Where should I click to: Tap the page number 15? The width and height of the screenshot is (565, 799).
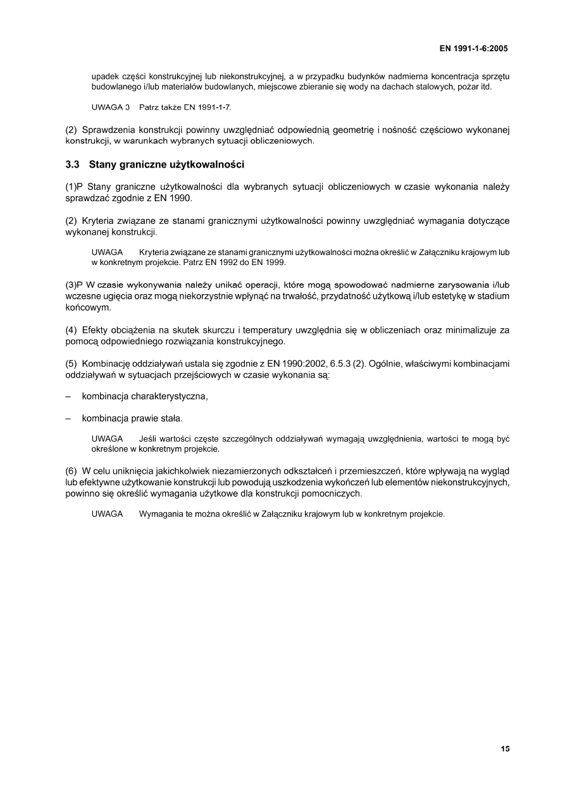(x=505, y=749)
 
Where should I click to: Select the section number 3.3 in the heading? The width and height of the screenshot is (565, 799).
(x=73, y=165)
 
